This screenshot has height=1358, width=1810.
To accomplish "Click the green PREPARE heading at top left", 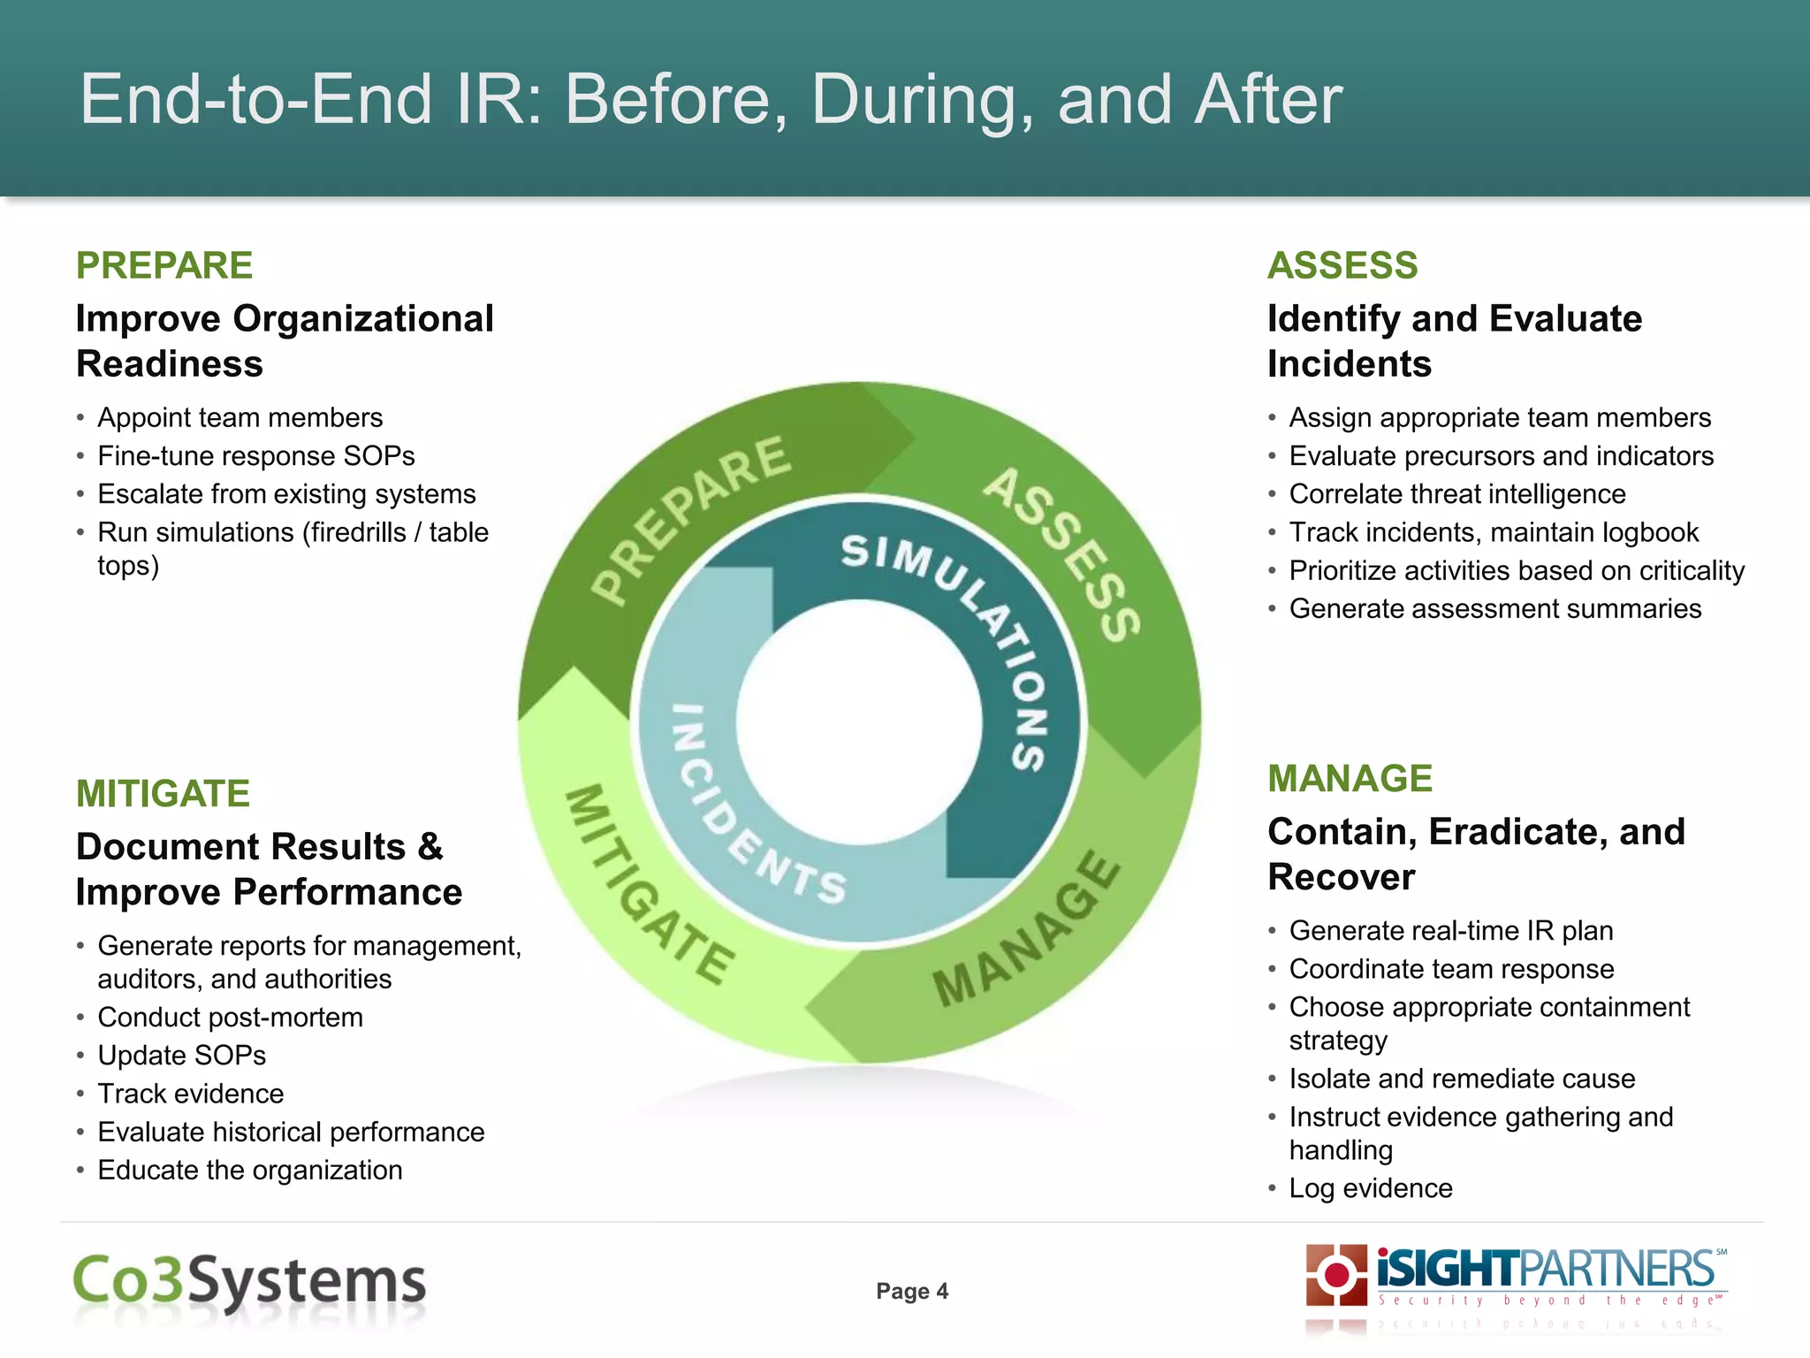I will coord(164,266).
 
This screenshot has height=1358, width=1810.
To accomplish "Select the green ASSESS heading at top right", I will coord(1342,266).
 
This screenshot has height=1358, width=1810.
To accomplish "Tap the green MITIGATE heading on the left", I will coord(163,794).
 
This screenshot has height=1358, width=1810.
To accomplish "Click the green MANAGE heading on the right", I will coord(1350,779).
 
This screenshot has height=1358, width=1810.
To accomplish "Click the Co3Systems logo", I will coord(249,1283).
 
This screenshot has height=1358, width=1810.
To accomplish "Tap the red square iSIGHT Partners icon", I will coord(1336,1275).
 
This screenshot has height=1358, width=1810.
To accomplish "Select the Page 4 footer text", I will coord(912,1292).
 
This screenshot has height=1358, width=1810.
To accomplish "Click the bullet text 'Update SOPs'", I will coord(181,1056).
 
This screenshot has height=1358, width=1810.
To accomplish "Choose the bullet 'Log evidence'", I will coord(1370,1188).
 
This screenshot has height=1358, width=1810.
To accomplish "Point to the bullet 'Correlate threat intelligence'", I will coord(1456,494).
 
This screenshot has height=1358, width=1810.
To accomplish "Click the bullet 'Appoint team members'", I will coord(240,417).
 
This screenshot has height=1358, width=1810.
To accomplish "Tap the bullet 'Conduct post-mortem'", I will coord(230,1018).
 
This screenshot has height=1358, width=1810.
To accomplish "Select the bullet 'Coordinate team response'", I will coord(1451,969).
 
